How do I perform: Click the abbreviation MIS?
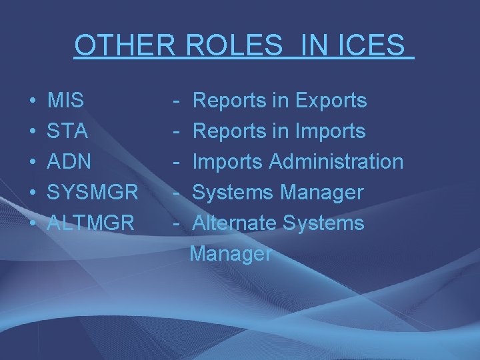66,101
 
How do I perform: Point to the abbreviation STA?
67,131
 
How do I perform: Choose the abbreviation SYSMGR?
93,193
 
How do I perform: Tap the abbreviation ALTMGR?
91,223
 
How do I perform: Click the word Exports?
331,101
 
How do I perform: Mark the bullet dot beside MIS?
33,101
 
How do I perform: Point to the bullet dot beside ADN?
33,163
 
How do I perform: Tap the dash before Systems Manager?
177,193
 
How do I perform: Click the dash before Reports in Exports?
177,101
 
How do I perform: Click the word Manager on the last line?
231,254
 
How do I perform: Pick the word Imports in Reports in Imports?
330,131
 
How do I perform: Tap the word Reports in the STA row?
229,131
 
